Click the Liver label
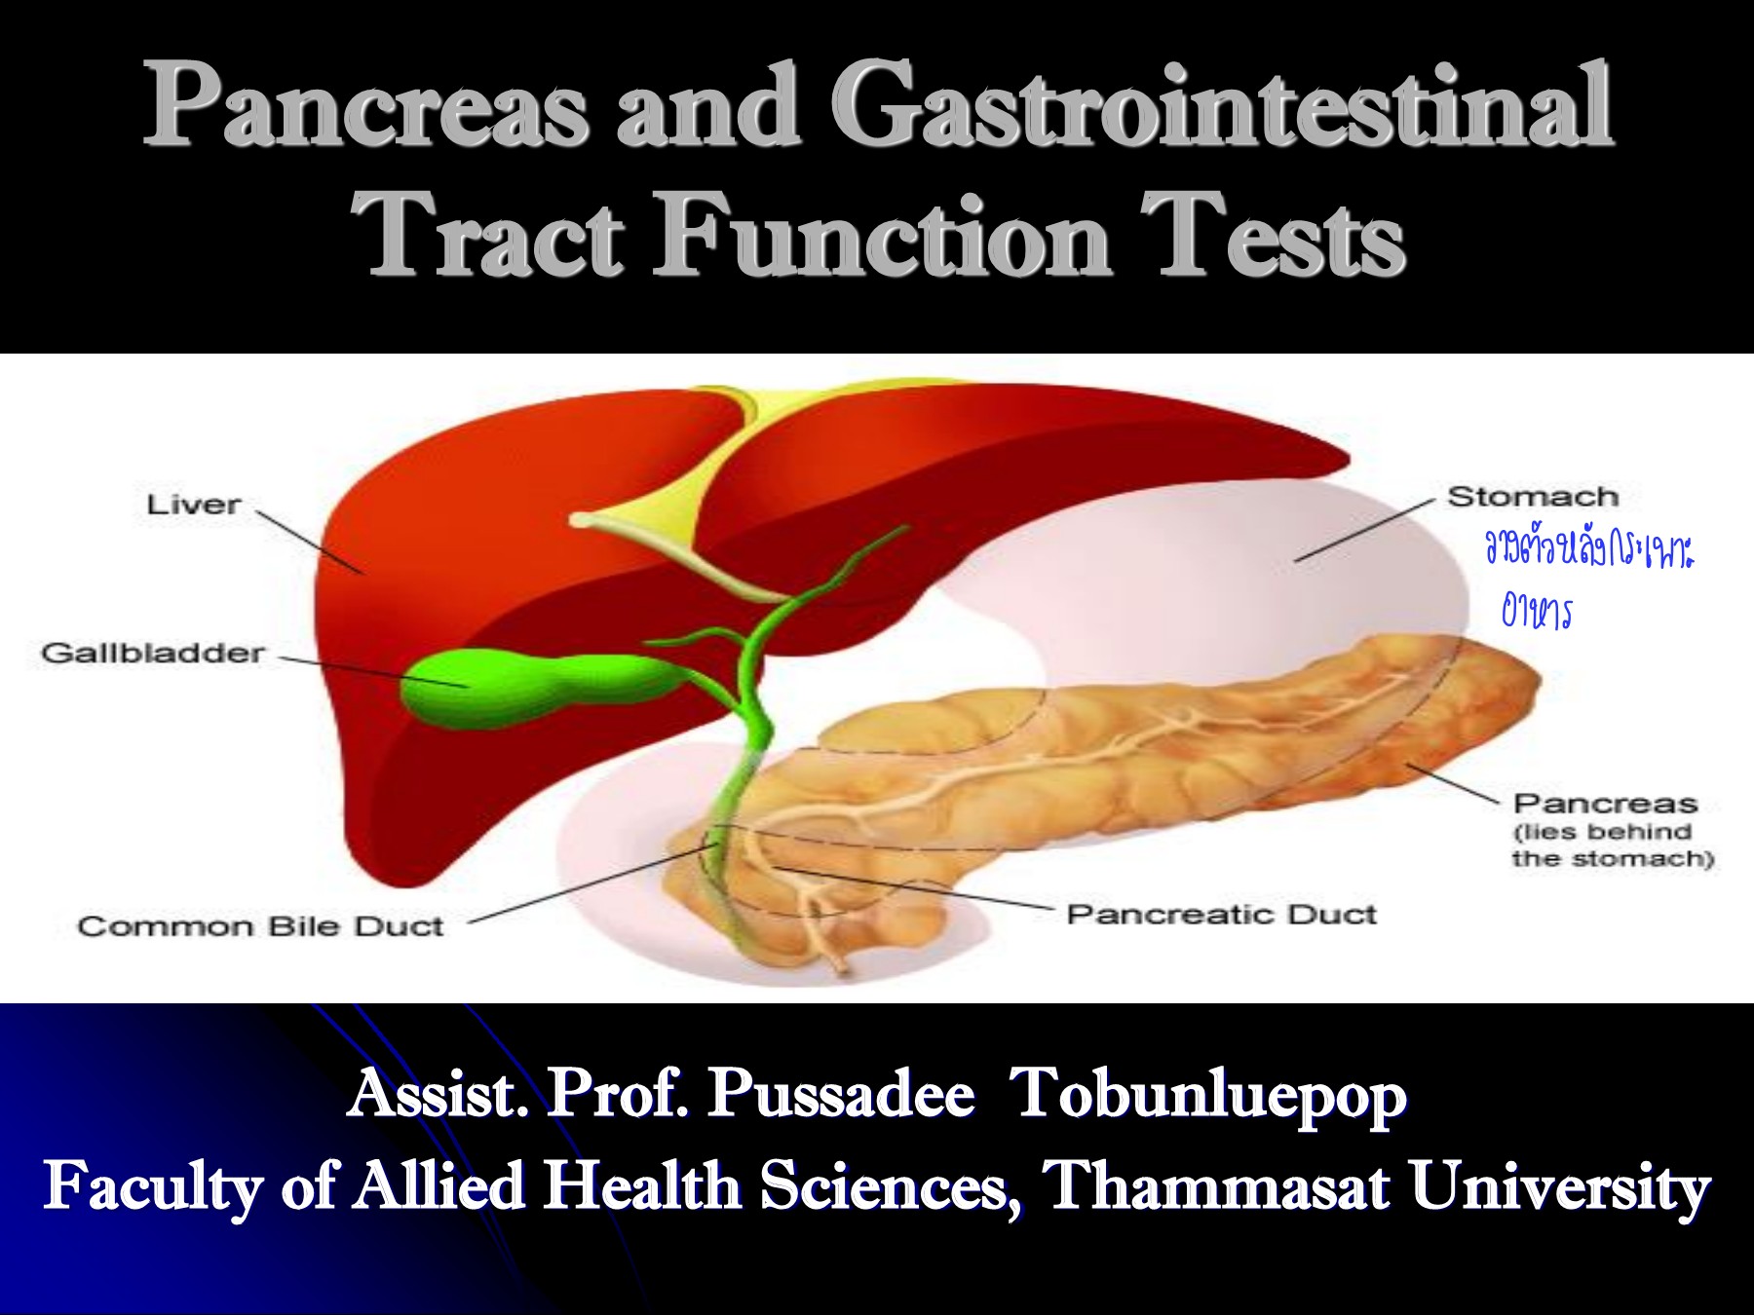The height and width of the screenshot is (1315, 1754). click(x=193, y=505)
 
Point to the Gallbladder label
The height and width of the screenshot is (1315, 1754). click(x=152, y=653)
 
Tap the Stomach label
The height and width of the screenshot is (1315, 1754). click(x=1532, y=496)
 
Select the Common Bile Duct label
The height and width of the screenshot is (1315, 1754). click(x=260, y=925)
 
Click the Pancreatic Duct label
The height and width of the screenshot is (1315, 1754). click(x=1221, y=915)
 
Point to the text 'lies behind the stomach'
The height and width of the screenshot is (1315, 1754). click(x=1613, y=845)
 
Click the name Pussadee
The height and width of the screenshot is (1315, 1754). click(x=840, y=1094)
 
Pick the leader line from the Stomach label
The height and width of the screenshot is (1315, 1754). click(x=1364, y=531)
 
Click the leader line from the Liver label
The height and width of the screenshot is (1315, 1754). click(x=310, y=541)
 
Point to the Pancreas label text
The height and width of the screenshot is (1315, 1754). click(x=1605, y=804)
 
